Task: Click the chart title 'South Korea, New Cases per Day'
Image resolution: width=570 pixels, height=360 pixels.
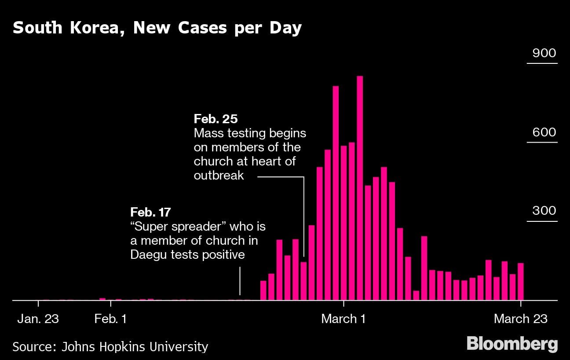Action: coord(157,28)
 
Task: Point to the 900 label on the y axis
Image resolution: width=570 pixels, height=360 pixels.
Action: coord(544,53)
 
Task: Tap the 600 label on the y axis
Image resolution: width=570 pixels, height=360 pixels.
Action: coord(544,132)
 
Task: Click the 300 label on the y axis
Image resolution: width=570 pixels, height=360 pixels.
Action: coord(544,210)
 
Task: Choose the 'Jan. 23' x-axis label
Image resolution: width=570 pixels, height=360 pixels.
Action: coord(38,319)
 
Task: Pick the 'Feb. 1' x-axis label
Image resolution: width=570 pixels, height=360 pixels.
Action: coord(110,319)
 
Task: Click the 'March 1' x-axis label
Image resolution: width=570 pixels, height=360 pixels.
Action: coord(343,319)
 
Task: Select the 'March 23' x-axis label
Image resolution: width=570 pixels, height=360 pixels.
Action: coord(521,319)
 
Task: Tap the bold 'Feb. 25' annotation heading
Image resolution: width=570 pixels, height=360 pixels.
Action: coord(216,119)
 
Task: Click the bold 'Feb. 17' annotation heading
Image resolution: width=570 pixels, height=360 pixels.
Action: coord(150,212)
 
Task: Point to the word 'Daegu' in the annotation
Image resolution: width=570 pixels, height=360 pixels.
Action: coord(149,254)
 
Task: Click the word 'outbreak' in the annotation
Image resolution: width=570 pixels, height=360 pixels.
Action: coord(219,175)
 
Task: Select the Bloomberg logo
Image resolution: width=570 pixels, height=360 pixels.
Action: coord(512,344)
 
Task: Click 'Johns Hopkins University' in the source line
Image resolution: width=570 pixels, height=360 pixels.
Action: coord(135,346)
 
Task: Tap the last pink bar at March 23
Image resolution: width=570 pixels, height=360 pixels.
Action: coord(521,282)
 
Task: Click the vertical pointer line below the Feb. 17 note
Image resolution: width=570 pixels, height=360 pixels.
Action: coord(240,282)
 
